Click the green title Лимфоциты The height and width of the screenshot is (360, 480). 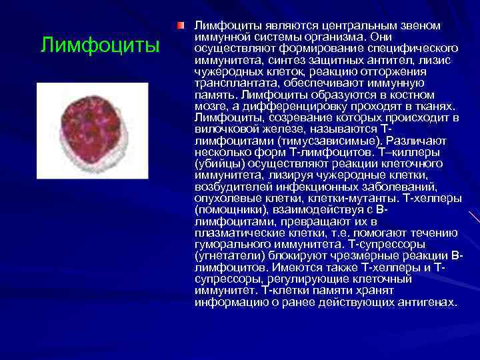(100, 45)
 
